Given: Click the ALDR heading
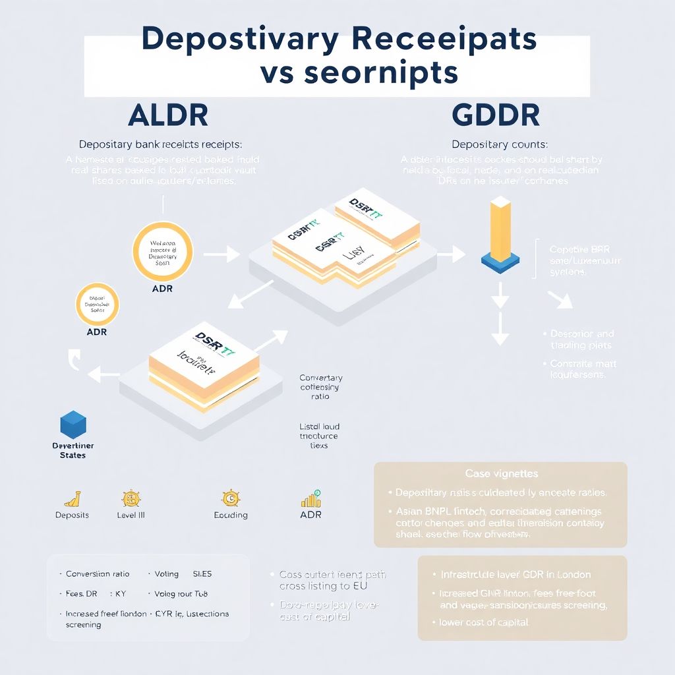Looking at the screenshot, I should (x=168, y=115).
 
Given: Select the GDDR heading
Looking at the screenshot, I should (x=496, y=115).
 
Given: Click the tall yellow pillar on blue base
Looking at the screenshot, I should (x=501, y=234).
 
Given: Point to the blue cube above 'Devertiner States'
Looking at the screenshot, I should (x=73, y=425).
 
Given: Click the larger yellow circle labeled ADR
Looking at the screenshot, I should (x=162, y=252).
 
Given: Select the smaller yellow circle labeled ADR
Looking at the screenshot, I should (x=97, y=305).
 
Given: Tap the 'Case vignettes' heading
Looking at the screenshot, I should (x=501, y=474).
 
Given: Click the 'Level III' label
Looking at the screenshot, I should (x=131, y=515).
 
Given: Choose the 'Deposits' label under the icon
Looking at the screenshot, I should (x=72, y=515).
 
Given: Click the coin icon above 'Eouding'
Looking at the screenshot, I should (x=230, y=498).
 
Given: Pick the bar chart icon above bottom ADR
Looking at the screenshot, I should (x=310, y=498).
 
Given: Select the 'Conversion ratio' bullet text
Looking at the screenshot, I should (x=98, y=574).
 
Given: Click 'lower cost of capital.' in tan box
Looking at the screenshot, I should (x=484, y=622).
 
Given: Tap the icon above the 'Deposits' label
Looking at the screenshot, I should (x=73, y=498).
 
